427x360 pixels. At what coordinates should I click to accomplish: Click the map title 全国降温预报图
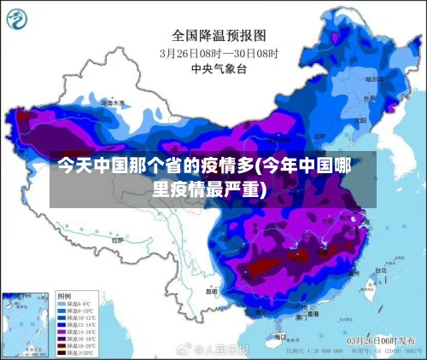tap(219, 35)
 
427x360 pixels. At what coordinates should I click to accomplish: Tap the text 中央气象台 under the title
tap(219, 67)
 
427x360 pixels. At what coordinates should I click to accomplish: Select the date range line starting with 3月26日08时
tap(219, 52)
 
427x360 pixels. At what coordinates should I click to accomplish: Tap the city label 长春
tap(369, 97)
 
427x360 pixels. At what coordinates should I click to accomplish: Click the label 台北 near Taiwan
tap(380, 270)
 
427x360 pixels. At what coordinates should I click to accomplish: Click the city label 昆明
tap(212, 289)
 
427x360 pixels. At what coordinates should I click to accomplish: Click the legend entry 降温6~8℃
tap(76, 304)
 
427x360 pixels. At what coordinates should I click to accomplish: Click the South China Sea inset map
tap(26, 324)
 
